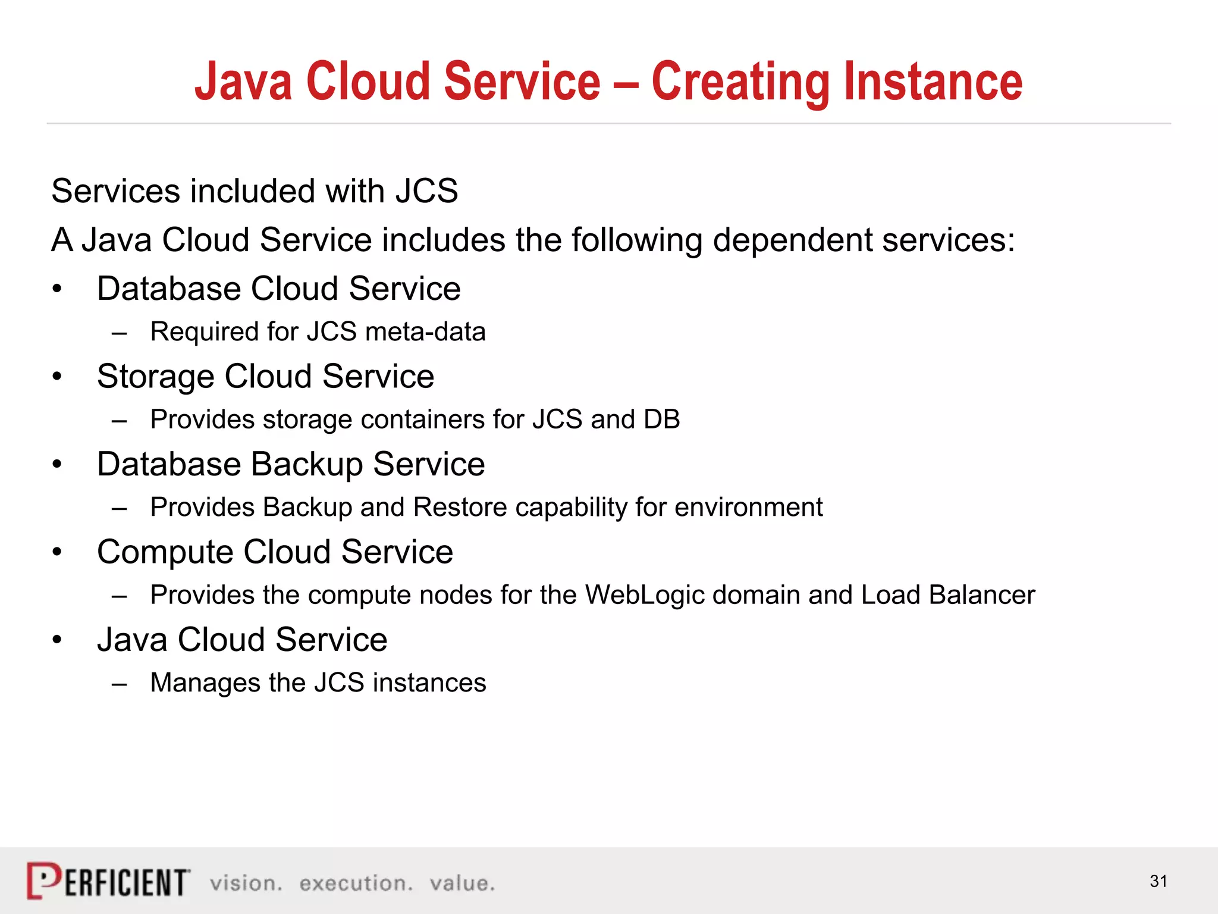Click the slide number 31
[x=1158, y=881]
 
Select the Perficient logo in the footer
[x=108, y=881]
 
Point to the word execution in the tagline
[x=356, y=884]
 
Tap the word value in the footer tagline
[x=462, y=884]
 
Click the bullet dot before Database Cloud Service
[x=57, y=290]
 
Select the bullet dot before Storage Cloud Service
[x=57, y=377]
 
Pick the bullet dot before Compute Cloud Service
[x=57, y=553]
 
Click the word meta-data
[x=425, y=332]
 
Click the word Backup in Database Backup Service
[x=307, y=465]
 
